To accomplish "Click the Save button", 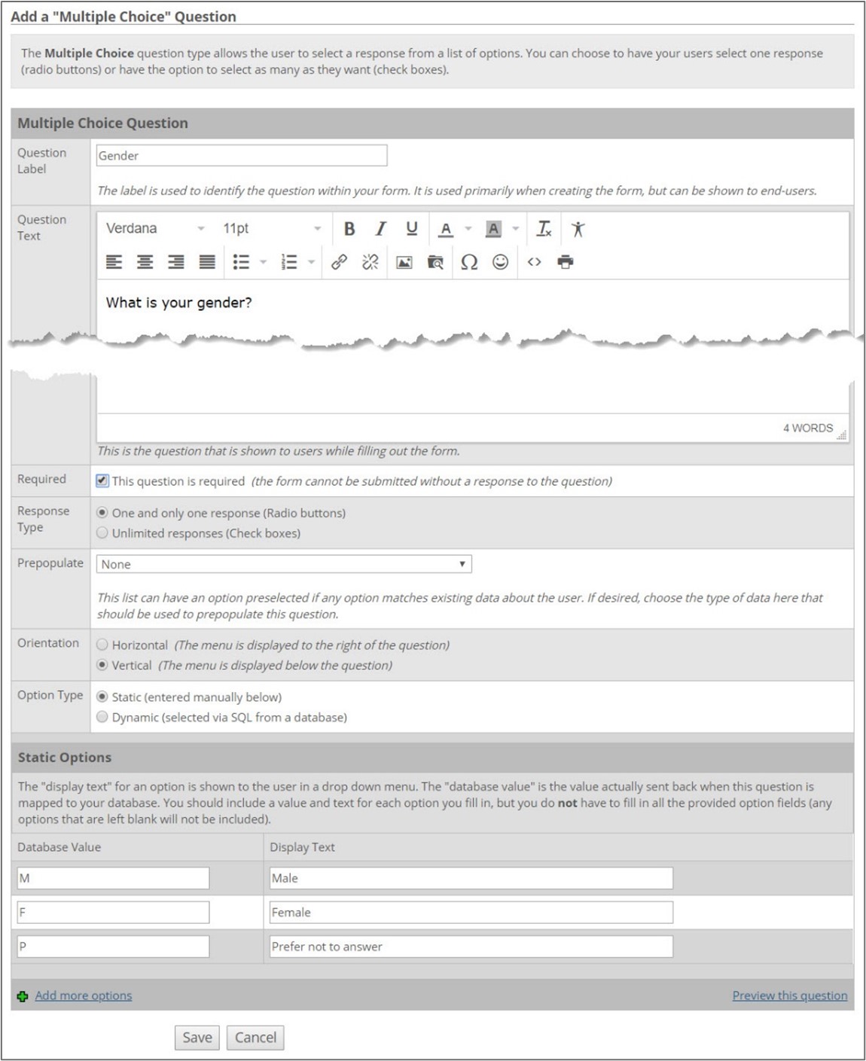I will [197, 1037].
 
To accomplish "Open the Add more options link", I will [83, 995].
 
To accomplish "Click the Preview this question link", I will [789, 995].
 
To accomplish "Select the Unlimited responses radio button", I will [102, 533].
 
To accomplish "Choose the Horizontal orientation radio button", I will [102, 645].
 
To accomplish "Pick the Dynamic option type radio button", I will [102, 717].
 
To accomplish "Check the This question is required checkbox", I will [102, 480].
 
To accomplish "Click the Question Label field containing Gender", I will [241, 156].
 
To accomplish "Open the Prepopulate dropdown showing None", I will [283, 564].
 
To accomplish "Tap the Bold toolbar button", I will [349, 229].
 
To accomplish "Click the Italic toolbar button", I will [381, 229].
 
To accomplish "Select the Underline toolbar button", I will [411, 229].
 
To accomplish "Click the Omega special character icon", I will [469, 262].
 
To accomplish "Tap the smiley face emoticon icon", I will [500, 262].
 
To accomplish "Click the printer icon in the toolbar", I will [566, 262].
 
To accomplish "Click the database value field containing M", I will [113, 878].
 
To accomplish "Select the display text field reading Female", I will [471, 913].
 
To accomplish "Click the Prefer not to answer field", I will [471, 947].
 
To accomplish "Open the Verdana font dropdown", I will [154, 229].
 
